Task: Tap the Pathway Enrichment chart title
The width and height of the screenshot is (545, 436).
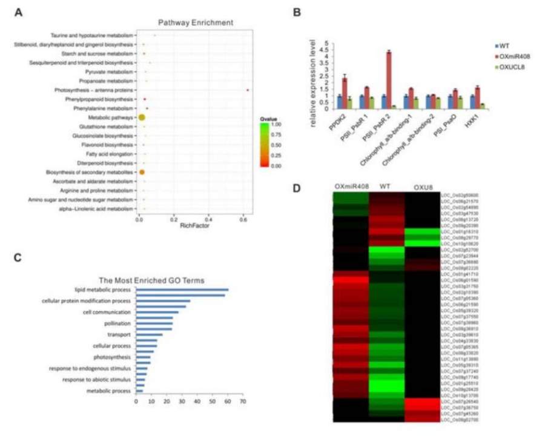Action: [196, 22]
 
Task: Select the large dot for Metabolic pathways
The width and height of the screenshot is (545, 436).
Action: [142, 117]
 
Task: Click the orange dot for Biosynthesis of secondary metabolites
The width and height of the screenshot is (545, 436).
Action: [142, 173]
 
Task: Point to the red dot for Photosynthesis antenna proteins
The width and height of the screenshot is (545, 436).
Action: [248, 90]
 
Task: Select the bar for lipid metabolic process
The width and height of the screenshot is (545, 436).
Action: [182, 290]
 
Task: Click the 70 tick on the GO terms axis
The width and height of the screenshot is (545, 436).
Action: [243, 401]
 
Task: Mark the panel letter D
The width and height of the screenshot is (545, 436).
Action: [297, 188]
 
